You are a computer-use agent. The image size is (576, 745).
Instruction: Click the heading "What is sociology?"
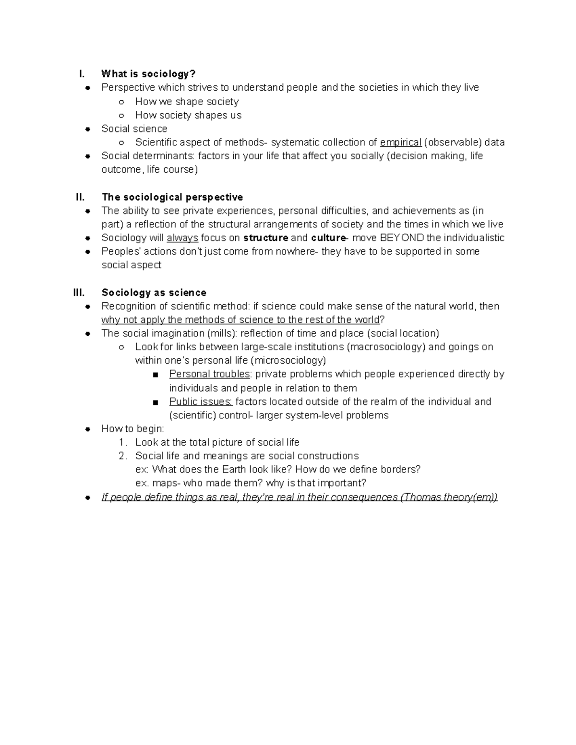tap(148, 74)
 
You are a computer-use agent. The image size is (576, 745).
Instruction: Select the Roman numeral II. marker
tap(80, 197)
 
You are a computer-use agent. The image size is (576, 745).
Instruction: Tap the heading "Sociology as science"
tap(154, 293)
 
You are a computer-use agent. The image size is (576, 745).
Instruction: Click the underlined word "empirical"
tap(400, 142)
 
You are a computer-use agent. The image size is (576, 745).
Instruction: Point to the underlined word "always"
tap(182, 238)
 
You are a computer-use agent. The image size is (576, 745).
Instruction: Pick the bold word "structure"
tap(265, 238)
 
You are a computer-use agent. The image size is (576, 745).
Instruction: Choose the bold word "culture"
tap(328, 238)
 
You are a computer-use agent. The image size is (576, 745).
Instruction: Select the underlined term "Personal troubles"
tap(209, 374)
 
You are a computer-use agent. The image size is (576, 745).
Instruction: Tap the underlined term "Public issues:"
tap(201, 402)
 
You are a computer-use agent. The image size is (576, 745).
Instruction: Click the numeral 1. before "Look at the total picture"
tap(123, 442)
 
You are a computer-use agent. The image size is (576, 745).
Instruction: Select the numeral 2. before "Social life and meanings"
tap(123, 456)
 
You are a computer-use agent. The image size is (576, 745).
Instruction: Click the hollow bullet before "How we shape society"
tap(122, 102)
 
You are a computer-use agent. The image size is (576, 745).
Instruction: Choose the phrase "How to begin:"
tap(132, 429)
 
